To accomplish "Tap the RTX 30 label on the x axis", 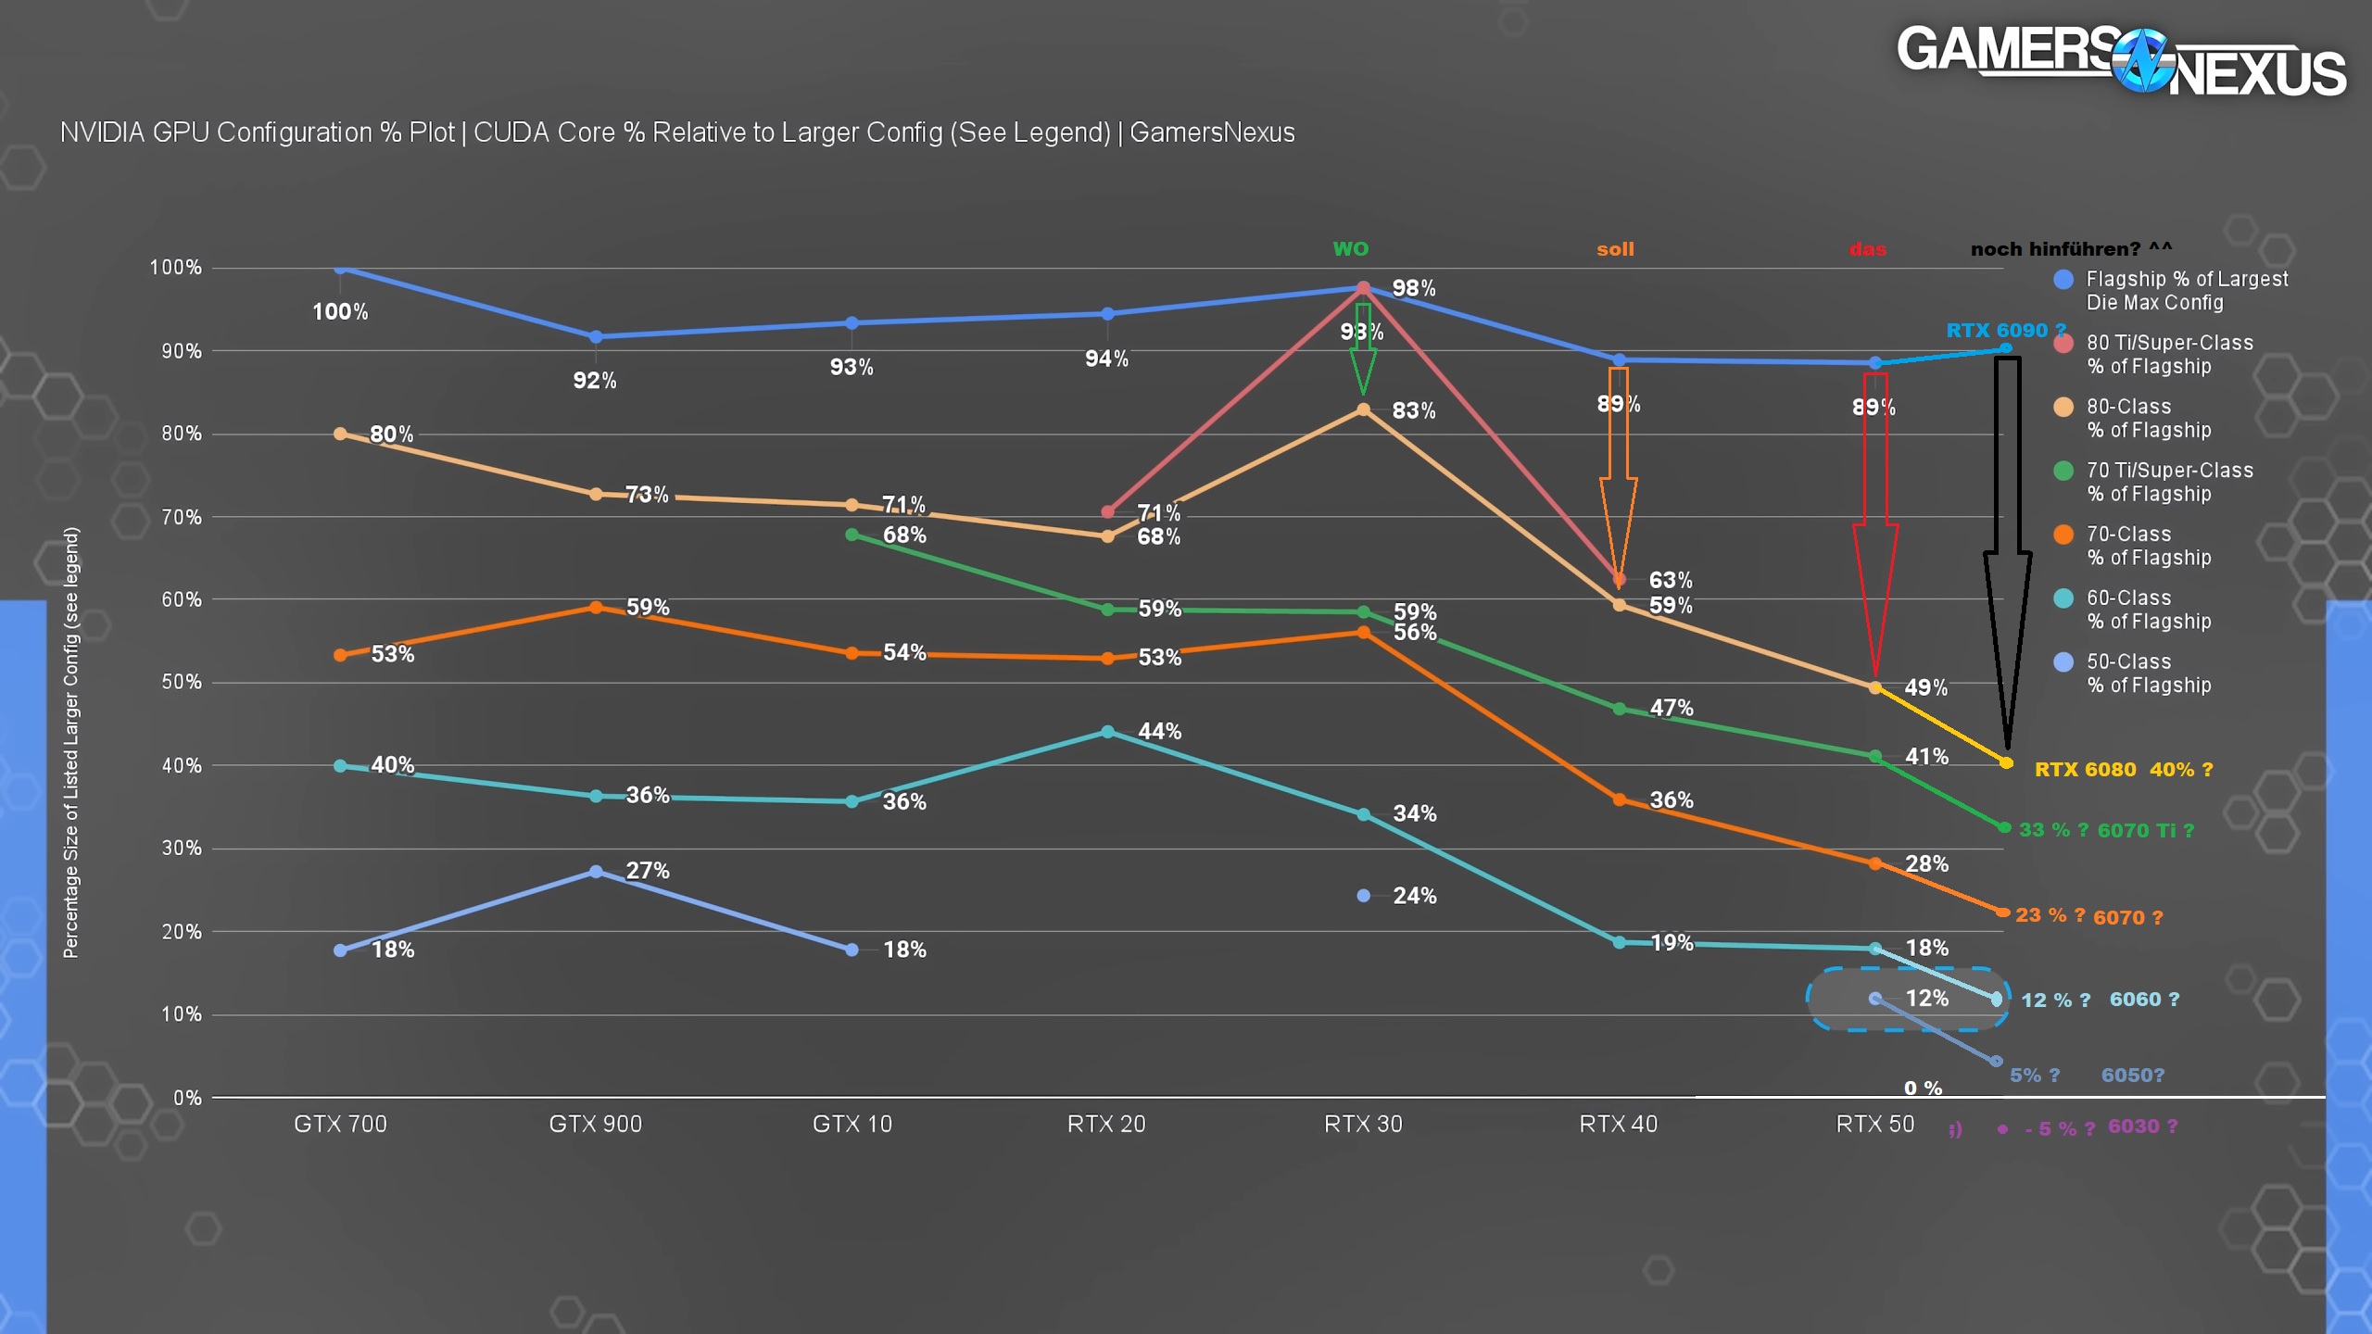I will click(x=1363, y=1124).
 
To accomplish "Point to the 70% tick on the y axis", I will click(x=181, y=517).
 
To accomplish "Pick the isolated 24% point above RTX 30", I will click(x=1363, y=896).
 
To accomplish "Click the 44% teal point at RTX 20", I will click(x=1107, y=732).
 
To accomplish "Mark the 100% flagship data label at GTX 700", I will click(x=340, y=311).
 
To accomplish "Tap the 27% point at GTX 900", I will click(x=596, y=872).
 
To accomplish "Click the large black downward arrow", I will click(x=2007, y=556).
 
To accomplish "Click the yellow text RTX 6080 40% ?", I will click(x=2123, y=770).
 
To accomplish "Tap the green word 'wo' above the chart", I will click(x=1350, y=248).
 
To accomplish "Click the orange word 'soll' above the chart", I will click(x=1615, y=249).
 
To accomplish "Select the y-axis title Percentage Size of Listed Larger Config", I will click(x=71, y=742).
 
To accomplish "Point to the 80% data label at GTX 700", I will click(x=391, y=434).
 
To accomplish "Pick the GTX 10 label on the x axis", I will click(x=852, y=1124).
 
